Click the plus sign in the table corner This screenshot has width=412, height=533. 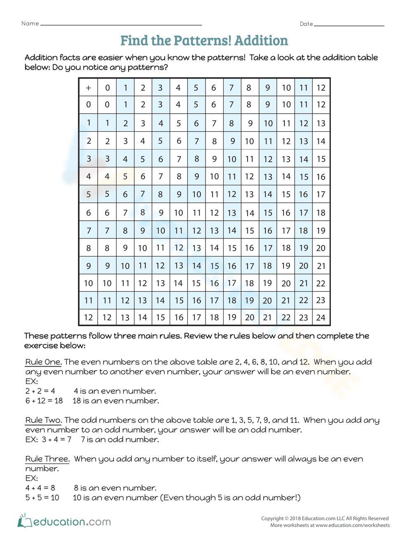pos(88,88)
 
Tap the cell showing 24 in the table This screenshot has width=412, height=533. pos(321,318)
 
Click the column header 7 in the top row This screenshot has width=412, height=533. pos(232,88)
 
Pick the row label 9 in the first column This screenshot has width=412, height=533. pos(88,266)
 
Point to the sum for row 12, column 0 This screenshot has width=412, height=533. pos(107,318)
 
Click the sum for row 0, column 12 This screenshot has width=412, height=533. pos(321,105)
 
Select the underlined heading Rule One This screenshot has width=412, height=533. pos(43,362)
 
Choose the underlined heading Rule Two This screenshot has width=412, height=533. pos(43,420)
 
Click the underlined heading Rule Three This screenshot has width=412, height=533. pos(47,459)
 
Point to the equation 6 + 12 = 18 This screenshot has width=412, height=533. pos(44,401)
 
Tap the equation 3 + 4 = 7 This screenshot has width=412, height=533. pos(56,439)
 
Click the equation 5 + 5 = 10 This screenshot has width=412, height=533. pos(42,498)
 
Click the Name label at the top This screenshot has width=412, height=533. pos(30,23)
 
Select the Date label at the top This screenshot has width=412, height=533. pos(306,24)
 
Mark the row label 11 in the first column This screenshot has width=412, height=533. pos(88,301)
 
